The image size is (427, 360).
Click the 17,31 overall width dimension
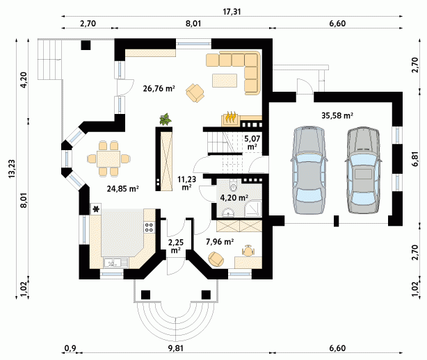(232, 12)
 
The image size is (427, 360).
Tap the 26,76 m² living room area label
(159, 88)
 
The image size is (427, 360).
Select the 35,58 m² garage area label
(337, 115)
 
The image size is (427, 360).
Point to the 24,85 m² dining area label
(123, 188)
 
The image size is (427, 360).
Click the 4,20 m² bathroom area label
(234, 197)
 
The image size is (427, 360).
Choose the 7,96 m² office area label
(220, 242)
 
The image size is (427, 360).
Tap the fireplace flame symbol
(231, 117)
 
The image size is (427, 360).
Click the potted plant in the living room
(165, 120)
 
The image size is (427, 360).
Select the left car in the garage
(309, 170)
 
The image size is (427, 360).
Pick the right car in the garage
(363, 170)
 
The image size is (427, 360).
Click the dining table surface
(108, 159)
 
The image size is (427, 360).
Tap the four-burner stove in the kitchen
(150, 227)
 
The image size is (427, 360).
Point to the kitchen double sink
(115, 263)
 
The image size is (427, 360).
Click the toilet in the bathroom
(234, 185)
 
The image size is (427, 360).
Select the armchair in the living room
(195, 93)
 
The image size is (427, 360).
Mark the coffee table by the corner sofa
(225, 81)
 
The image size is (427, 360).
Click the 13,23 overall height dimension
(12, 169)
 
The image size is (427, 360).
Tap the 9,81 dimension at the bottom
(175, 348)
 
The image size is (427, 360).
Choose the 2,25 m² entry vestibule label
(176, 246)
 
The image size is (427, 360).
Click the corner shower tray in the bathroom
(253, 208)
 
